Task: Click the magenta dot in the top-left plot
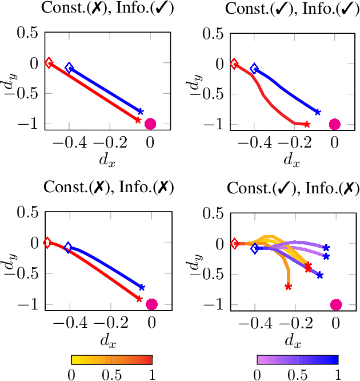(x=151, y=124)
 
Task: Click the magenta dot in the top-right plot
(x=335, y=124)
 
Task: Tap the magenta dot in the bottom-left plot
(x=151, y=304)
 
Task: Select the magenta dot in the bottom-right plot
(x=336, y=304)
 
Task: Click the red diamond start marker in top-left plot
(x=49, y=63)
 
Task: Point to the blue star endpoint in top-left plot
(x=141, y=112)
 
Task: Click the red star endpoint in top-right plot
(x=307, y=124)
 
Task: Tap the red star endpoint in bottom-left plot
(x=139, y=299)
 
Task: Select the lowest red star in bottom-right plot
(x=289, y=287)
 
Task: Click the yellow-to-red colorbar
(x=112, y=359)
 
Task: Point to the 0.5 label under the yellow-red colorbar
(x=112, y=374)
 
